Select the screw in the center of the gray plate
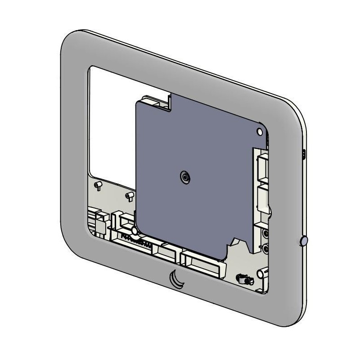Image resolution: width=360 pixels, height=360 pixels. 184,178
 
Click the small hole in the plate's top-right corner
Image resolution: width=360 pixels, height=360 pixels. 260,131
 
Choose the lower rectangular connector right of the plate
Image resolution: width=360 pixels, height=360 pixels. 262,198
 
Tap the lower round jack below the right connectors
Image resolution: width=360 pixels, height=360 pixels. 265,247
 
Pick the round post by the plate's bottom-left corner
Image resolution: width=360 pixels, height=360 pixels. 135,231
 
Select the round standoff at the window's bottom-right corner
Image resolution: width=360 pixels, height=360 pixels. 261,274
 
